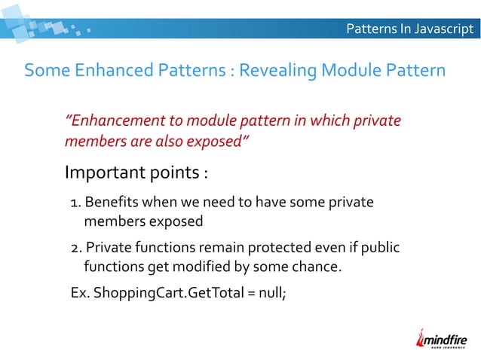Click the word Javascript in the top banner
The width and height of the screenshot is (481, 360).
coord(442,29)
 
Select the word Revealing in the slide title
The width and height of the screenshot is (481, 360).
coord(277,71)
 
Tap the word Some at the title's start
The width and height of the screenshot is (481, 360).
coord(44,71)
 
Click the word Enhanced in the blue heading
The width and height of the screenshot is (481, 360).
coord(106,71)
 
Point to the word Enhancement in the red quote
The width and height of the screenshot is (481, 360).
coord(113,121)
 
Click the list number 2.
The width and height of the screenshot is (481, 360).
coord(74,248)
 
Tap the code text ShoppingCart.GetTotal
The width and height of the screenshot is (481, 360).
coord(161,292)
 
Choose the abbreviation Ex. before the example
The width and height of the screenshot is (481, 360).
coord(78,292)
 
